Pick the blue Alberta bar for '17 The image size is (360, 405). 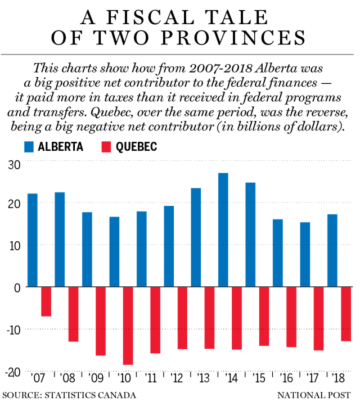(305, 254)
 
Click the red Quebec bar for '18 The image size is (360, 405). (345, 314)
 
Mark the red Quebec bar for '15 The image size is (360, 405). (264, 316)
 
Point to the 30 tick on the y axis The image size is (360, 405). (13, 164)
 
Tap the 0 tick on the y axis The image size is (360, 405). (17, 287)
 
